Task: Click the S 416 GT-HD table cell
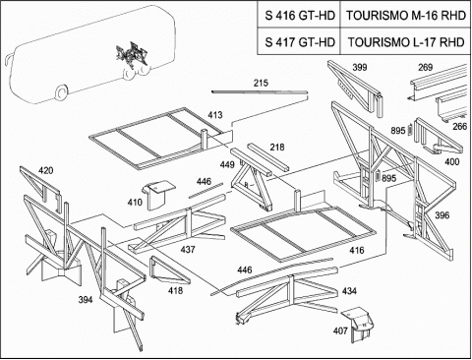click(299, 15)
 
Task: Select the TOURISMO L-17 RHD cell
click(406, 41)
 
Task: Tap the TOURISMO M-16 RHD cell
click(406, 15)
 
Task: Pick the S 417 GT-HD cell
click(299, 41)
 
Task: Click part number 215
click(261, 83)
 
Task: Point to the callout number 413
click(215, 115)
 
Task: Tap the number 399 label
click(360, 68)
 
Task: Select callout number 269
click(425, 68)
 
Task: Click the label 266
click(460, 126)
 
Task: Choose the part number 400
click(452, 161)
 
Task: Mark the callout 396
click(442, 215)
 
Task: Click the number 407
click(340, 330)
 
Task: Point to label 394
click(86, 299)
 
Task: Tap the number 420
click(46, 170)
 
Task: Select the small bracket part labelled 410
click(158, 195)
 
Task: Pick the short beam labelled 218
click(268, 157)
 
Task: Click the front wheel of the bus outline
click(61, 91)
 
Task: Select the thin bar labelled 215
click(260, 92)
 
